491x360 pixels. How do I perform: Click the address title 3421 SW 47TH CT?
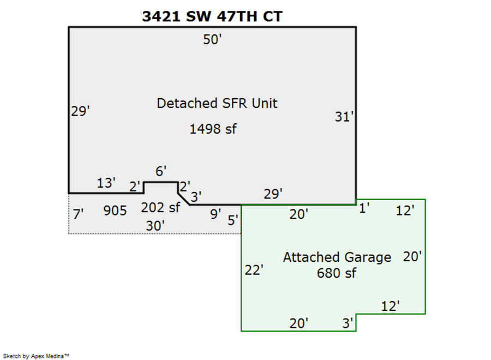click(212, 16)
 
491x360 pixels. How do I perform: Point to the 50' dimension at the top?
click(212, 40)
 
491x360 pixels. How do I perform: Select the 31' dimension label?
click(345, 117)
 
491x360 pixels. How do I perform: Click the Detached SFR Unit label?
click(217, 103)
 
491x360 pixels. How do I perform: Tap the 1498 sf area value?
click(213, 129)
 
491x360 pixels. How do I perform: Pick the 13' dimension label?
click(106, 183)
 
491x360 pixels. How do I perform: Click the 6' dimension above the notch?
click(160, 171)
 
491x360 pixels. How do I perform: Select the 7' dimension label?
click(78, 214)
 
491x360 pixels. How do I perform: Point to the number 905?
click(115, 211)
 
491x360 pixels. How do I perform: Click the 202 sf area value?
click(160, 208)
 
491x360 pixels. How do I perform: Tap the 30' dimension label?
click(155, 225)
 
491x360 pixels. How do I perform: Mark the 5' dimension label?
click(233, 220)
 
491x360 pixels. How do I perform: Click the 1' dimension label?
click(364, 207)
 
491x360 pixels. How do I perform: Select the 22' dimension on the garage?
click(254, 269)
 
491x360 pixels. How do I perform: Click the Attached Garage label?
click(337, 257)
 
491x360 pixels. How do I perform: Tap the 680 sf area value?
click(336, 273)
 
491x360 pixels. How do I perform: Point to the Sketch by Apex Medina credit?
click(37, 356)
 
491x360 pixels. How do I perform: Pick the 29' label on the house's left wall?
click(80, 111)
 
